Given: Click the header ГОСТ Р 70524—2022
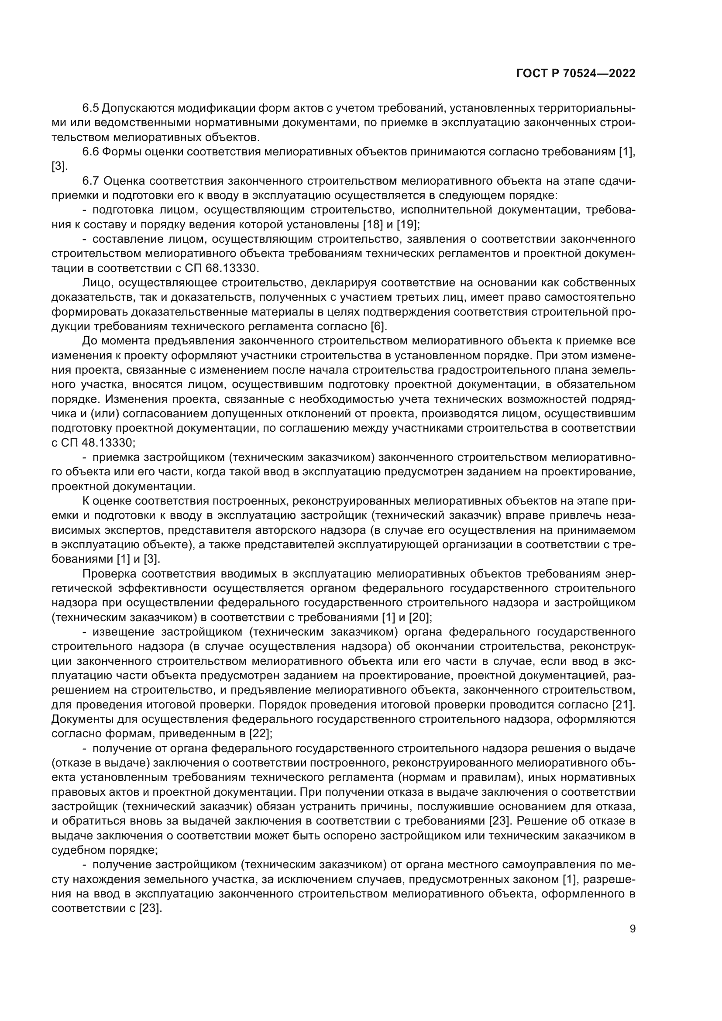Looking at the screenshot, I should (576, 74).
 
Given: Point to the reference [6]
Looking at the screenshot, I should (378, 327).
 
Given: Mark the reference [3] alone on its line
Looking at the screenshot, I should (59, 166).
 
